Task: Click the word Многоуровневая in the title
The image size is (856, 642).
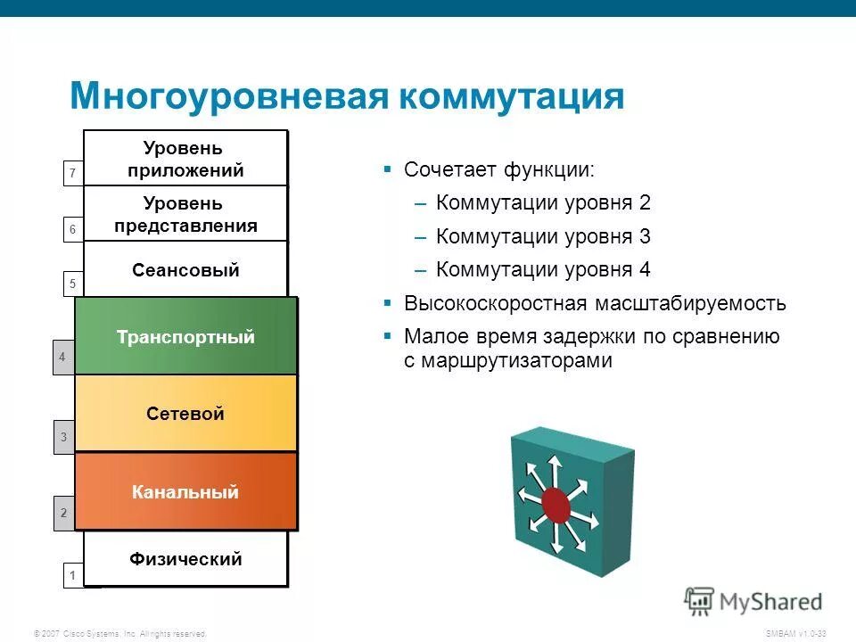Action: click(x=228, y=95)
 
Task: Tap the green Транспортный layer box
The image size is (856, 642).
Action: click(x=185, y=337)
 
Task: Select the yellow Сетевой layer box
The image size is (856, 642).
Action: click(x=185, y=413)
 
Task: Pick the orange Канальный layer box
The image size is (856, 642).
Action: click(x=185, y=491)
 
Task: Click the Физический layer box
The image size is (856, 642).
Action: click(x=185, y=559)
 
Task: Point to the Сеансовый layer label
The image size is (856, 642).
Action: click(x=185, y=270)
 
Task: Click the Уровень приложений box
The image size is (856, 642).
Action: click(x=185, y=159)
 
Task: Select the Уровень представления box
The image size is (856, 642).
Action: click(x=185, y=214)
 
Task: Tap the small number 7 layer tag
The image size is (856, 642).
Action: click(x=73, y=172)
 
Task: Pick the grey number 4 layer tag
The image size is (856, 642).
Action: click(x=62, y=357)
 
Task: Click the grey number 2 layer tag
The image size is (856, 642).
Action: click(x=63, y=513)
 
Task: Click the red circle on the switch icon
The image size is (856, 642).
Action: click(x=556, y=505)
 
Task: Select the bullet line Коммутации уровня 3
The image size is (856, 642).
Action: click(x=543, y=236)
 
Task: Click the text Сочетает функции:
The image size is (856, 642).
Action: click(x=498, y=169)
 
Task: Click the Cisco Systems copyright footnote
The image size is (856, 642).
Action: click(x=119, y=633)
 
